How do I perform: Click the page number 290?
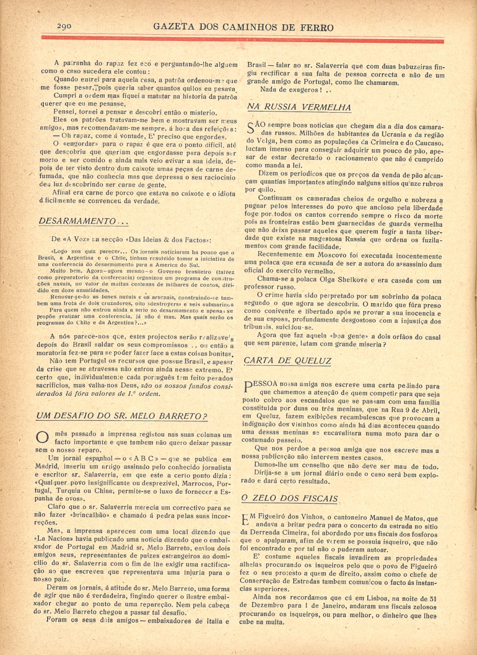coord(64,26)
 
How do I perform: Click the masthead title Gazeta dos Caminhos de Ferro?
coord(243,27)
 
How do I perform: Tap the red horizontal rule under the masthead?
coord(243,39)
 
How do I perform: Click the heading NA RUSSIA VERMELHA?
coord(299,107)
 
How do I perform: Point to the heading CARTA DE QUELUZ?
coord(287,361)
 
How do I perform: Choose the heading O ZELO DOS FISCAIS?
coord(290,498)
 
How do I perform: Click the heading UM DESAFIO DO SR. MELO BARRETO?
coord(122,416)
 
